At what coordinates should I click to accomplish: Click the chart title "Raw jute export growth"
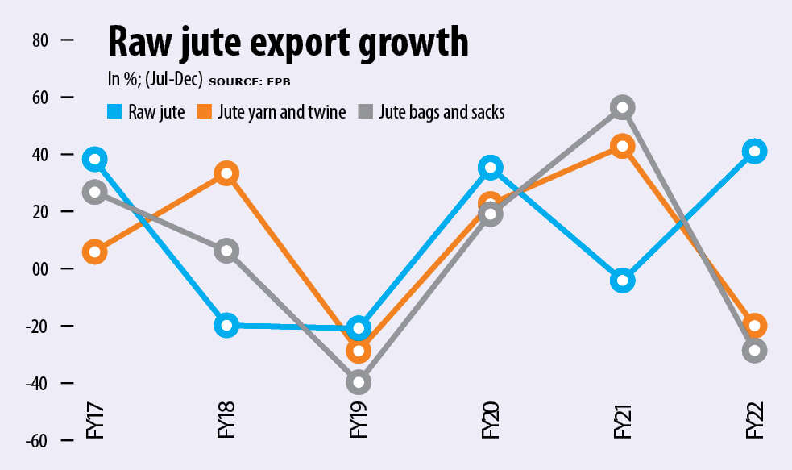tap(288, 42)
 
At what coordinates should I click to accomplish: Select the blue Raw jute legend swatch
tap(115, 111)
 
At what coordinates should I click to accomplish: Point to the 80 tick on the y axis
tap(40, 40)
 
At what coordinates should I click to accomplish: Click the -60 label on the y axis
tap(39, 440)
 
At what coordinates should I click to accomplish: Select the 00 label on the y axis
tap(40, 268)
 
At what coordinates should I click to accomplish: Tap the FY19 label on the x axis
tap(359, 420)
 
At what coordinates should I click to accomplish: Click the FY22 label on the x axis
tap(755, 420)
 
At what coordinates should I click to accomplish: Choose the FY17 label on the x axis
tap(95, 420)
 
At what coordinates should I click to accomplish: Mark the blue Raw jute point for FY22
tap(755, 151)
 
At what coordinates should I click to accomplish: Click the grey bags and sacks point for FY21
tap(623, 107)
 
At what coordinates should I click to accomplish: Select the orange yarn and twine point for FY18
tap(227, 173)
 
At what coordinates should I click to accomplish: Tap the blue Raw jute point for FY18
tap(227, 326)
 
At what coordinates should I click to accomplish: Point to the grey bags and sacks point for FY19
tap(359, 382)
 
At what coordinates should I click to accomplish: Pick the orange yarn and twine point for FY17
tap(95, 252)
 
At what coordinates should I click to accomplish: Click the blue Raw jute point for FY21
tap(623, 281)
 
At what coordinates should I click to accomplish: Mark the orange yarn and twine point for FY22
tap(755, 326)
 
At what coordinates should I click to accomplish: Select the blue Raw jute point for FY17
tap(95, 159)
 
